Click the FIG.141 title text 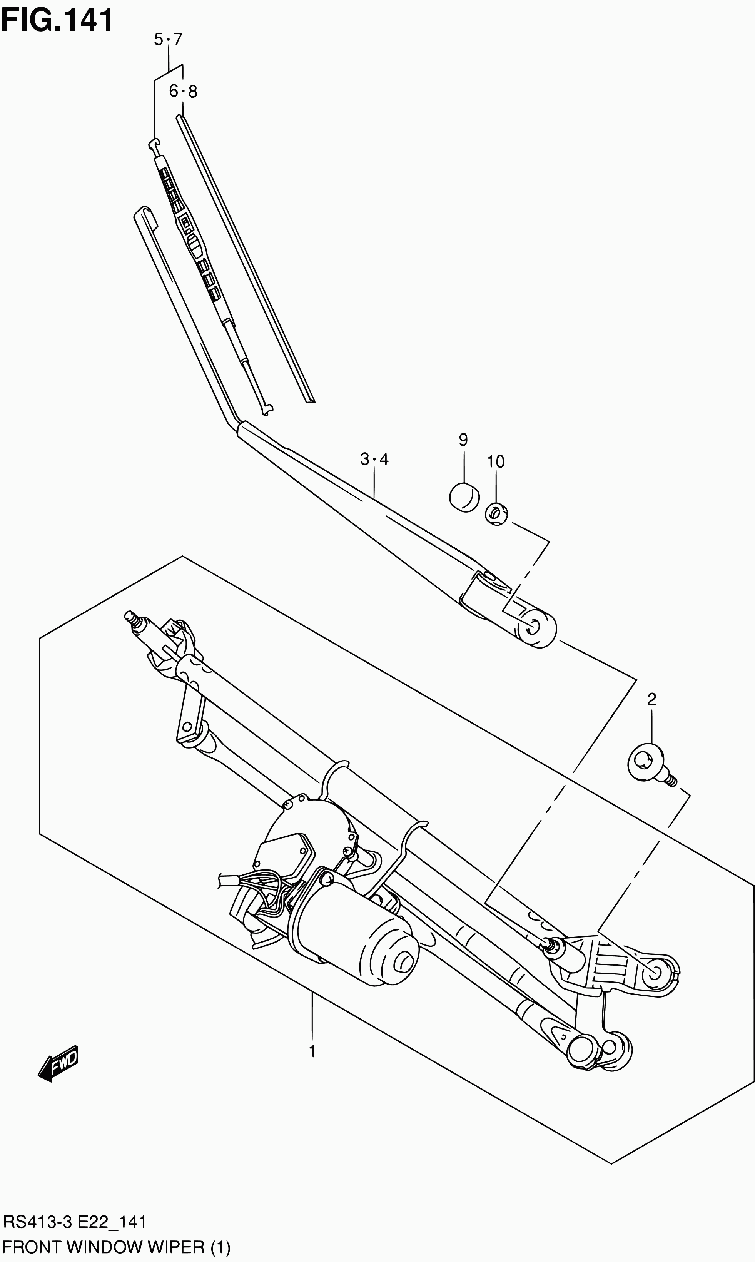(57, 21)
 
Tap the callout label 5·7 (168, 39)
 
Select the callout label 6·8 (183, 92)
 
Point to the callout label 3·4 (374, 459)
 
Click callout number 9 (463, 440)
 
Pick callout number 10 (496, 461)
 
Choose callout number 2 (651, 699)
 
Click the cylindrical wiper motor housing (356, 942)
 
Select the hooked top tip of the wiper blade (154, 144)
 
